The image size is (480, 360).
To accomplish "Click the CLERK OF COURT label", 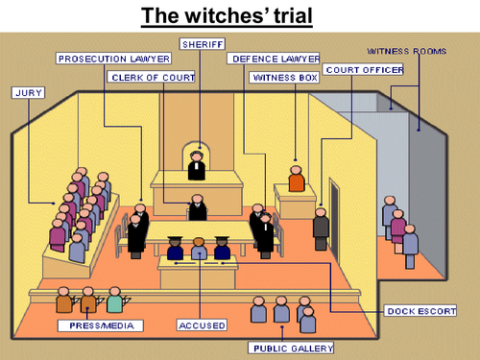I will (x=152, y=76).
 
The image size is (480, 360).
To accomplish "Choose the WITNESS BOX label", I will (x=283, y=76).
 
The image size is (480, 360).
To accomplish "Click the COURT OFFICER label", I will (x=363, y=69).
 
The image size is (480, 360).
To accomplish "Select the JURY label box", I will (x=28, y=93).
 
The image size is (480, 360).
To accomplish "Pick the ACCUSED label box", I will (x=201, y=325).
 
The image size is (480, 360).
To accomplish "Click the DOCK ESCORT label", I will (x=420, y=311).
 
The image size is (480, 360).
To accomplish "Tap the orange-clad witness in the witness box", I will (x=297, y=179).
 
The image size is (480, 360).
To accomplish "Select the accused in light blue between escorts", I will (x=199, y=249).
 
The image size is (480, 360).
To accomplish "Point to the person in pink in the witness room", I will (x=397, y=225).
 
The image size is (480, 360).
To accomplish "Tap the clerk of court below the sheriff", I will (x=198, y=207).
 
